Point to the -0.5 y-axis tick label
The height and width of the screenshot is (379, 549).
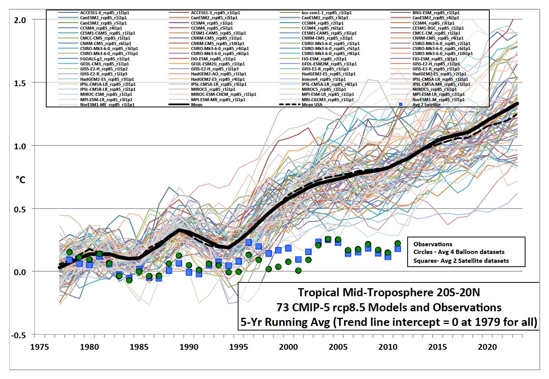click(x=18, y=335)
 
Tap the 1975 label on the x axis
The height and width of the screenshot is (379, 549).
click(x=40, y=346)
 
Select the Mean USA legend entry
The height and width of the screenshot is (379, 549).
click(x=312, y=105)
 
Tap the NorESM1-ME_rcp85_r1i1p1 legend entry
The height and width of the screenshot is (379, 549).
click(x=104, y=105)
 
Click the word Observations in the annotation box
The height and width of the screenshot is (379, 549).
click(x=433, y=244)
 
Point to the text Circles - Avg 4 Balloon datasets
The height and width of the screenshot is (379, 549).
click(x=458, y=252)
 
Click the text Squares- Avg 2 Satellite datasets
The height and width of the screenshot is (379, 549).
click(x=461, y=260)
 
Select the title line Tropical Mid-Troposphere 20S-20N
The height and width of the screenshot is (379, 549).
click(x=389, y=293)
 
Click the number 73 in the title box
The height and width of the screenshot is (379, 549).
click(x=282, y=307)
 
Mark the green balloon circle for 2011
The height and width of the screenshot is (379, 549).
click(x=398, y=243)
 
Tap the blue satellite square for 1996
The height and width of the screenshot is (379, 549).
click(x=248, y=242)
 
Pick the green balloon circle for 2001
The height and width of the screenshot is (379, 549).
click(x=298, y=270)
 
